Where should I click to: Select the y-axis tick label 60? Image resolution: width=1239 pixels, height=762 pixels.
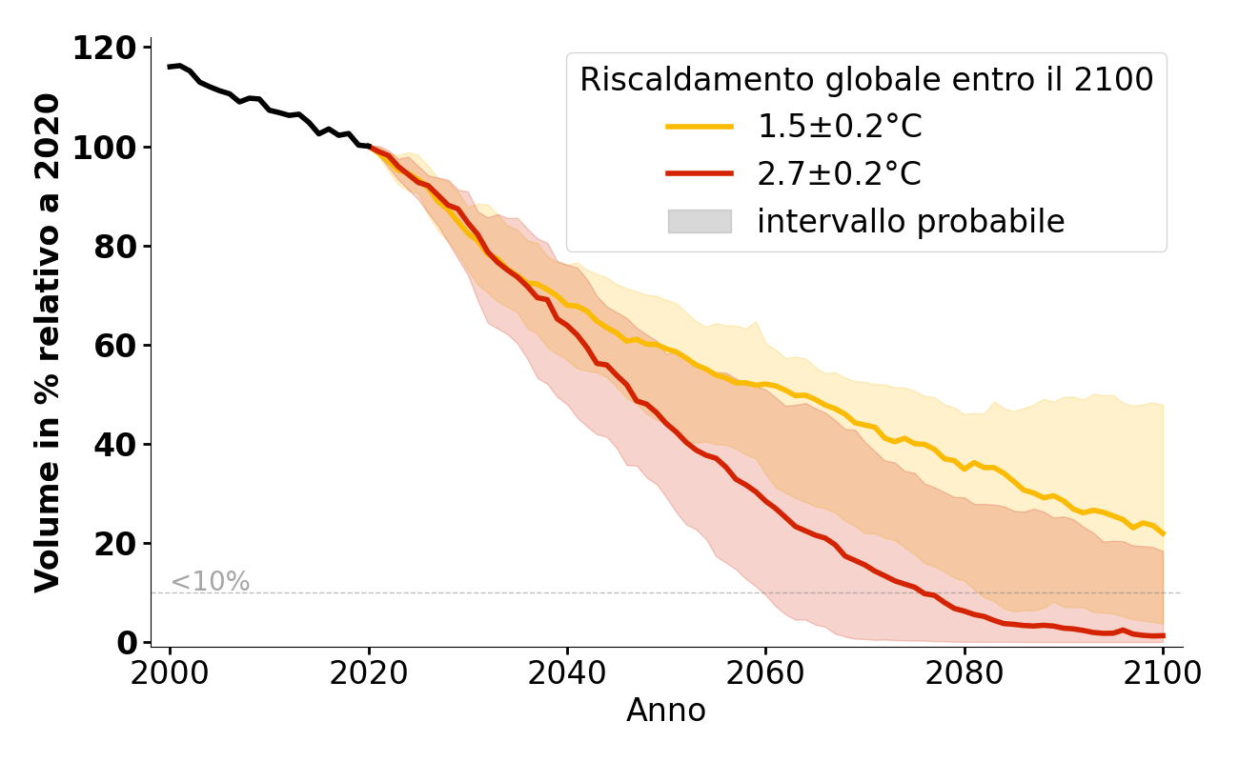point(115,345)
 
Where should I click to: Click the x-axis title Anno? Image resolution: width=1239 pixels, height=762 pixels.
point(666,711)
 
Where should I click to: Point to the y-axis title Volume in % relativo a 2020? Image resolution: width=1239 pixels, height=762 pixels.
point(48,343)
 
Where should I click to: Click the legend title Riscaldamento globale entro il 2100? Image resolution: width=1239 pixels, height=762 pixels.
point(866,80)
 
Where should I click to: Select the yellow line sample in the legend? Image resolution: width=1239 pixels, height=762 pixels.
point(699,127)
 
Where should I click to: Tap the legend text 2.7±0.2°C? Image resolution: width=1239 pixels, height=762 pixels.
point(839,174)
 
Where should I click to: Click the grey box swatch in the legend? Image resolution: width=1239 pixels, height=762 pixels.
point(699,221)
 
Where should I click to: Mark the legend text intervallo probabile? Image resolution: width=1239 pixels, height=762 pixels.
point(910,221)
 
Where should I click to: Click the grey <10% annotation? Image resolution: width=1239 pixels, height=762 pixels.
point(210,582)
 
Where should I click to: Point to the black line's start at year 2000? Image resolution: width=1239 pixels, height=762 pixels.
point(170,67)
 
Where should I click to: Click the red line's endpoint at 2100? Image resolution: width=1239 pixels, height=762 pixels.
point(1163,635)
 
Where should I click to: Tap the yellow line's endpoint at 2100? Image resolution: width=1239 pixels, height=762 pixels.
point(1163,533)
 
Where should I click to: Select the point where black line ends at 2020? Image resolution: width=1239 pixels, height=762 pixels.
point(369,147)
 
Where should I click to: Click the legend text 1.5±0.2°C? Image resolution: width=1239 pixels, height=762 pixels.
point(839,127)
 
